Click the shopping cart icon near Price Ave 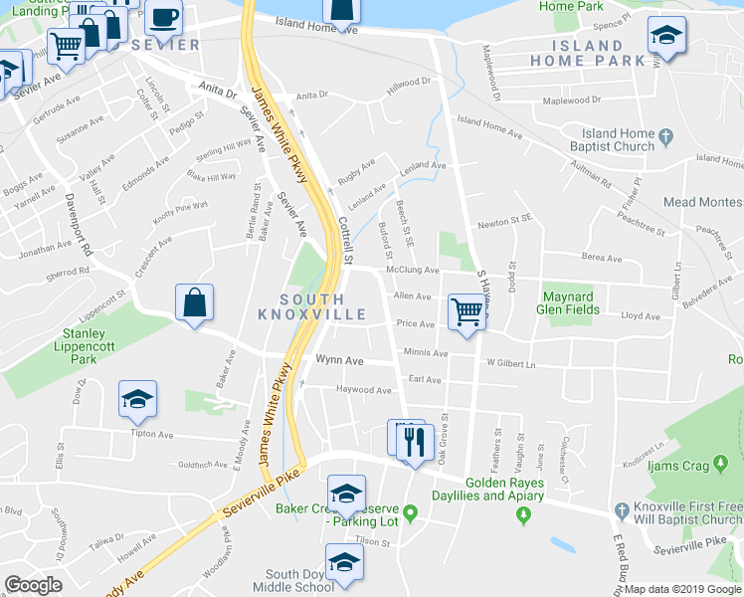pyautogui.click(x=465, y=310)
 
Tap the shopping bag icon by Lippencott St pyautogui.click(x=195, y=302)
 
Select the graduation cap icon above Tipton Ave pyautogui.click(x=137, y=399)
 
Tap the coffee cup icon pyautogui.click(x=164, y=17)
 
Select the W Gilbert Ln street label pyautogui.click(x=510, y=364)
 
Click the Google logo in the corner pyautogui.click(x=33, y=584)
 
